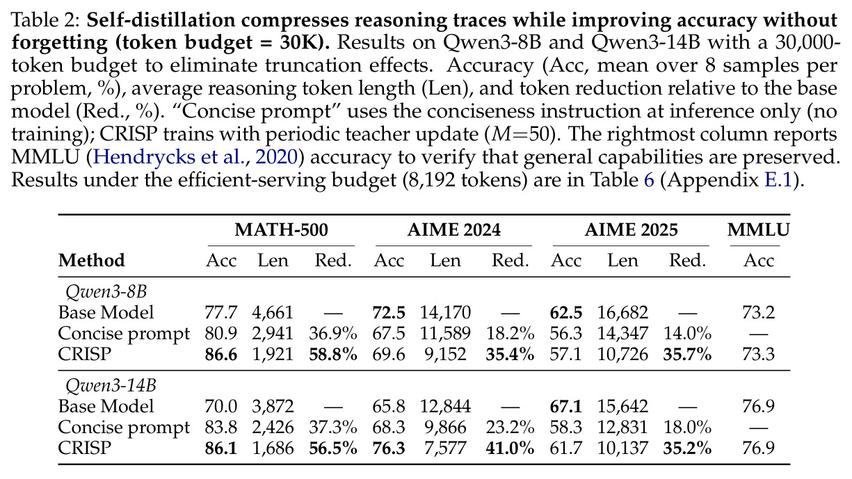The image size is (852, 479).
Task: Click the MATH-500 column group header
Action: click(281, 230)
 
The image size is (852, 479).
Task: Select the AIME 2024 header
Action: click(453, 230)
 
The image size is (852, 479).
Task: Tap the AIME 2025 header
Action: click(631, 230)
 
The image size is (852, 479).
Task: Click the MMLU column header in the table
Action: click(758, 230)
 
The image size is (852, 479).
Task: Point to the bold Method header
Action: click(91, 261)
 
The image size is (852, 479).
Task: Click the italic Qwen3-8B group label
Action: click(106, 292)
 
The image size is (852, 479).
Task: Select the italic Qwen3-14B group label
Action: click(111, 385)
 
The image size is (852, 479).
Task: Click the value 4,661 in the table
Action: click(273, 312)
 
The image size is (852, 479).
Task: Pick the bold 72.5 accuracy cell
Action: click(389, 312)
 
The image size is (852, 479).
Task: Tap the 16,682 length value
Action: click(622, 312)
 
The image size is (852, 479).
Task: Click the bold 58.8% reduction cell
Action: click(333, 355)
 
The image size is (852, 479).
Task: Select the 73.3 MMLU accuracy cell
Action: click(758, 355)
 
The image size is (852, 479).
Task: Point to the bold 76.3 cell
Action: click(389, 448)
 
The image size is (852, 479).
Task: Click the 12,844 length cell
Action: click(445, 407)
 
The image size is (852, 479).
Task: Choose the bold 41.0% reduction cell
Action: click(510, 448)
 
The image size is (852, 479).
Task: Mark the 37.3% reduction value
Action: click(333, 428)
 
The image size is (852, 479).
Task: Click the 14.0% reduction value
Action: click(687, 334)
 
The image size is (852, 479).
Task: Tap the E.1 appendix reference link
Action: click(778, 180)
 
